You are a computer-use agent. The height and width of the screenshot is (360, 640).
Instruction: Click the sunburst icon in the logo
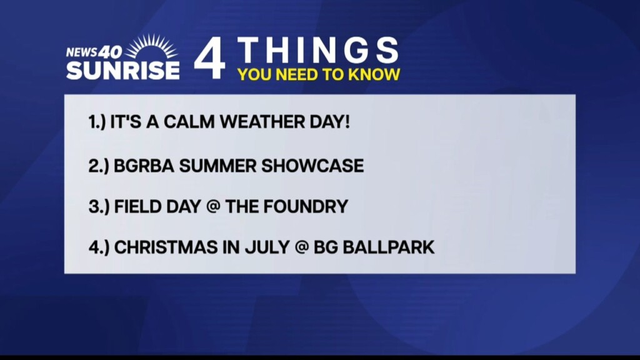point(151,47)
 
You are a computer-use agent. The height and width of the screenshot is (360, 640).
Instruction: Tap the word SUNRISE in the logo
point(123,70)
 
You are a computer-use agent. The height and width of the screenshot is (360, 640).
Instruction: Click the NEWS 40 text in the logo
point(94,52)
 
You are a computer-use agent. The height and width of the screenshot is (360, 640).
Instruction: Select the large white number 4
point(210,58)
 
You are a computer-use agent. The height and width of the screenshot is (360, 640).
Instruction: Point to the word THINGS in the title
point(317,51)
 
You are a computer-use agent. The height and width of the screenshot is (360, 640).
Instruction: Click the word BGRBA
point(144,166)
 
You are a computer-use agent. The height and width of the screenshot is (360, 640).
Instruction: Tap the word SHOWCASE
point(312,166)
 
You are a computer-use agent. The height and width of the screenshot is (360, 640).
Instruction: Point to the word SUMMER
point(217,166)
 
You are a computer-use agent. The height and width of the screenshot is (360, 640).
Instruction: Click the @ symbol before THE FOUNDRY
point(213,206)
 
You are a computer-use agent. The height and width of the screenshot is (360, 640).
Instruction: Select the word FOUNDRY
point(306,206)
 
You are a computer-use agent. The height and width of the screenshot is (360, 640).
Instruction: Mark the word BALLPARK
point(389,247)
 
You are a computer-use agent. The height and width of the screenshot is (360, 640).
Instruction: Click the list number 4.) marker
point(98,247)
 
